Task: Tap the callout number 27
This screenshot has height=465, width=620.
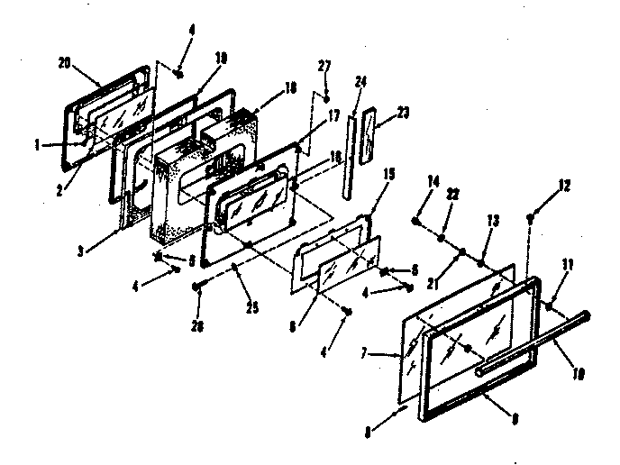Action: [x=325, y=66]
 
